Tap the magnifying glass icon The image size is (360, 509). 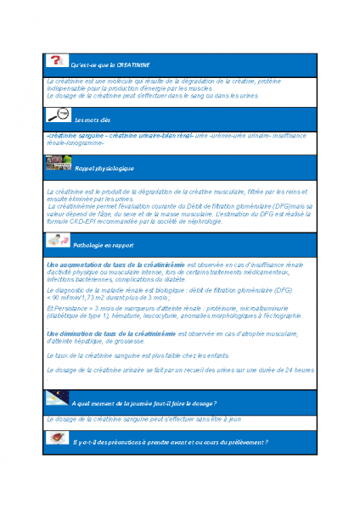click(59, 115)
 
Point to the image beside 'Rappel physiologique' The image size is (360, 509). click(59, 165)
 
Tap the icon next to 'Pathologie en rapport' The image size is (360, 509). click(58, 240)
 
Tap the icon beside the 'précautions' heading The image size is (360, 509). click(58, 438)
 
